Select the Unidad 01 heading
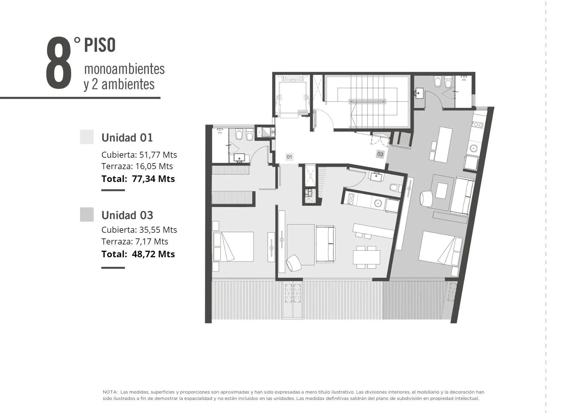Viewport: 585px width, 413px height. click(x=127, y=137)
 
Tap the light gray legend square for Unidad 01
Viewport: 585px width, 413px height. click(x=87, y=137)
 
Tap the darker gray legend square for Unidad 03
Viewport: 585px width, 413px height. click(x=87, y=214)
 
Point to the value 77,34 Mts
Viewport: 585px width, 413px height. click(x=153, y=179)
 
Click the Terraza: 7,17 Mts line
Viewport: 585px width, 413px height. click(x=135, y=241)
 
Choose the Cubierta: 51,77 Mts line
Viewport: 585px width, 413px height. click(x=139, y=155)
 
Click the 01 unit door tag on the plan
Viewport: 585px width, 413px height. click(x=289, y=157)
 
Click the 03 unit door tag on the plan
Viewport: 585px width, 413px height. click(x=380, y=154)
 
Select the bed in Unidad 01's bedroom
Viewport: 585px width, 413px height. click(x=233, y=247)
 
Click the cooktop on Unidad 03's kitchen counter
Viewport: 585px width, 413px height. click(x=477, y=124)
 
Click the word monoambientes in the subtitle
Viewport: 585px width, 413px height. click(x=124, y=69)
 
